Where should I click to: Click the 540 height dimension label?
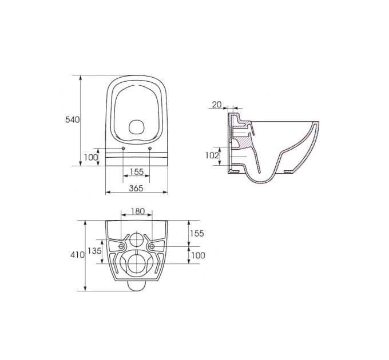[73, 119]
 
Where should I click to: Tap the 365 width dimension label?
[136, 189]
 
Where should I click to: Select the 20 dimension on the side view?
[217, 105]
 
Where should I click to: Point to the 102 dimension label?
[212, 155]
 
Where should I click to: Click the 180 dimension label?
[138, 211]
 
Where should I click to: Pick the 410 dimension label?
[77, 255]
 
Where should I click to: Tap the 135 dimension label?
[95, 251]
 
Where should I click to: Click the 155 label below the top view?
[137, 171]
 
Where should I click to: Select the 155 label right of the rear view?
[197, 233]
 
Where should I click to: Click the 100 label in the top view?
[91, 157]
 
